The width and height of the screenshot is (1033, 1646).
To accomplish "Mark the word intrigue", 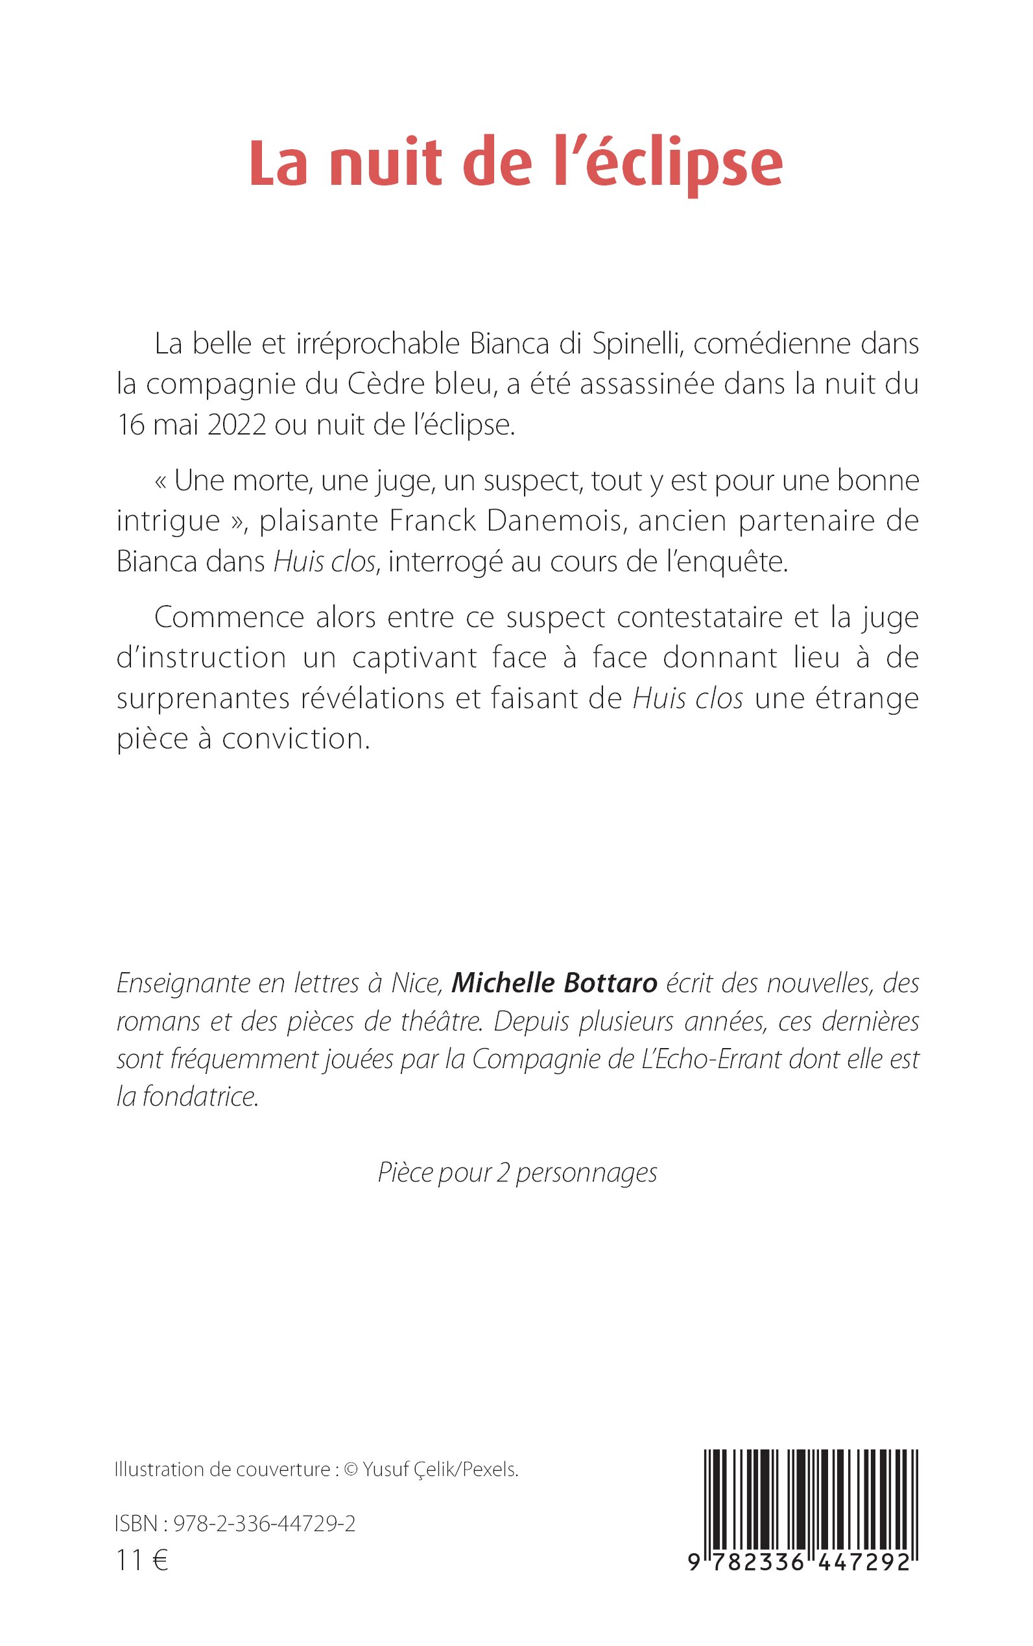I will (x=168, y=521).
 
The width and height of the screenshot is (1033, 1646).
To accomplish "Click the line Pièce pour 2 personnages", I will (x=517, y=1173).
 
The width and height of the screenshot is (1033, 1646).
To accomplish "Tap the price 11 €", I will (x=142, y=1561).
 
